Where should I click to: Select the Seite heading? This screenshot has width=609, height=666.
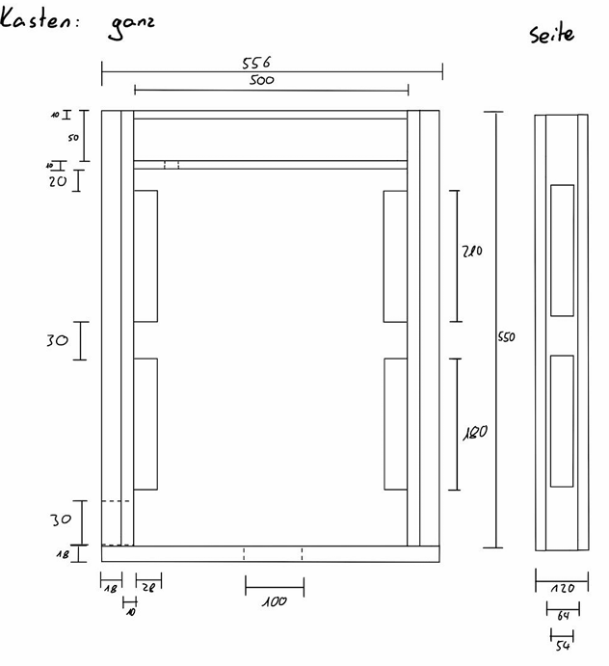(551, 34)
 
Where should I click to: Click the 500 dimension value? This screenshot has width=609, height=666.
(261, 81)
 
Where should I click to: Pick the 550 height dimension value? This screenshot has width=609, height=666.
(507, 337)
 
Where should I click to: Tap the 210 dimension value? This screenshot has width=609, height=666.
(471, 252)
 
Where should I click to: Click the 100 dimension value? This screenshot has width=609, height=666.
(275, 601)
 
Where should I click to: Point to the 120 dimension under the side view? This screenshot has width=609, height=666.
(562, 587)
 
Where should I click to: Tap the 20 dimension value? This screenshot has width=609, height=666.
(58, 180)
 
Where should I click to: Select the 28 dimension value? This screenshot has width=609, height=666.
(148, 586)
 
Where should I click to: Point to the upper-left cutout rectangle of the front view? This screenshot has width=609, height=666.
(146, 256)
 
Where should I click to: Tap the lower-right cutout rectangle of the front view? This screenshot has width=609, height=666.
(395, 423)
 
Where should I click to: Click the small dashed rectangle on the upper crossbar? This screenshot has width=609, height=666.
(172, 165)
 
